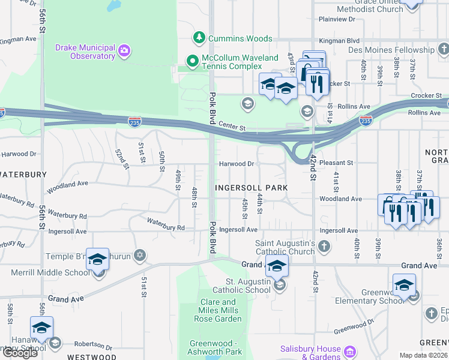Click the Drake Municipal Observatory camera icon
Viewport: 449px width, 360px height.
(124, 50)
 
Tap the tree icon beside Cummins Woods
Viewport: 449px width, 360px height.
(199, 38)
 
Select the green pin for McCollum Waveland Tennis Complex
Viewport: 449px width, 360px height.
(192, 60)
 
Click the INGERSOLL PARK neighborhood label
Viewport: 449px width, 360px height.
(252, 188)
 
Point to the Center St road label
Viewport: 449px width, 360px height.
(232, 127)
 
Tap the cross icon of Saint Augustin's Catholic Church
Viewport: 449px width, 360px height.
(324, 245)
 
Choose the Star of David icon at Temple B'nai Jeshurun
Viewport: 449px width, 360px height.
(139, 256)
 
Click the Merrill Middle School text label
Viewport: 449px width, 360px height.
(49, 273)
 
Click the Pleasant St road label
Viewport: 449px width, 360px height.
(336, 163)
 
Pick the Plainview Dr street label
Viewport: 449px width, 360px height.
(337, 19)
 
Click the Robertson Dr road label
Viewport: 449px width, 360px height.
(93, 344)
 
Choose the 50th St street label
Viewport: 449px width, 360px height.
(162, 161)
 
